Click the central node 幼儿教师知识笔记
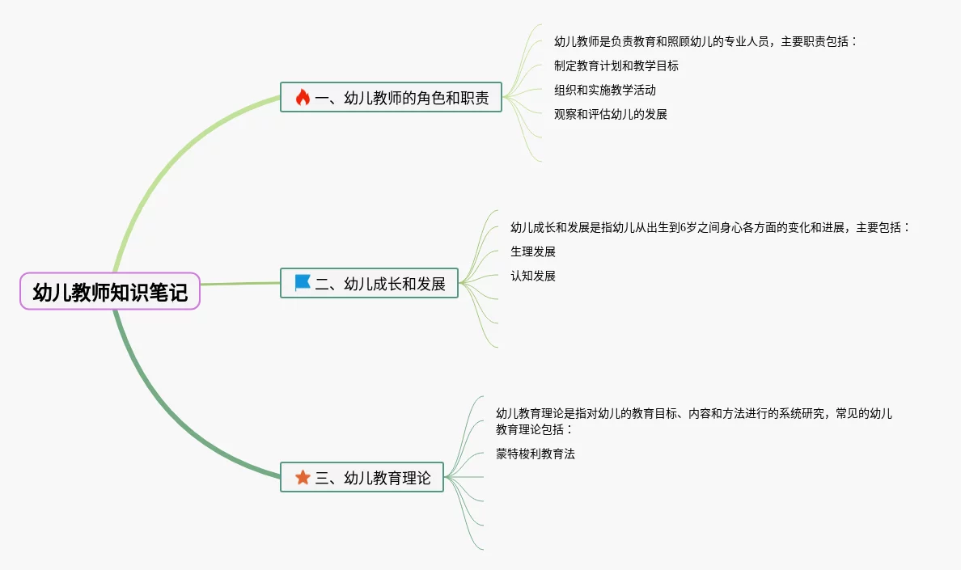109,292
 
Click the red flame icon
303,98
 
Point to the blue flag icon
303,283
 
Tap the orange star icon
303,478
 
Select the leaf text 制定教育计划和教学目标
616,65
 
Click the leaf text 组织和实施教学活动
605,90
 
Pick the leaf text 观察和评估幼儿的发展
611,114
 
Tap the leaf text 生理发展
533,251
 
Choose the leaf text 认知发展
533,276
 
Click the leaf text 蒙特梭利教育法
536,454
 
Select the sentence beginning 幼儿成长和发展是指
710,227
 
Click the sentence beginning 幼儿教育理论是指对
694,413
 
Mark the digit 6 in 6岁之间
683,228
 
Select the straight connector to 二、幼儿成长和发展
239,284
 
